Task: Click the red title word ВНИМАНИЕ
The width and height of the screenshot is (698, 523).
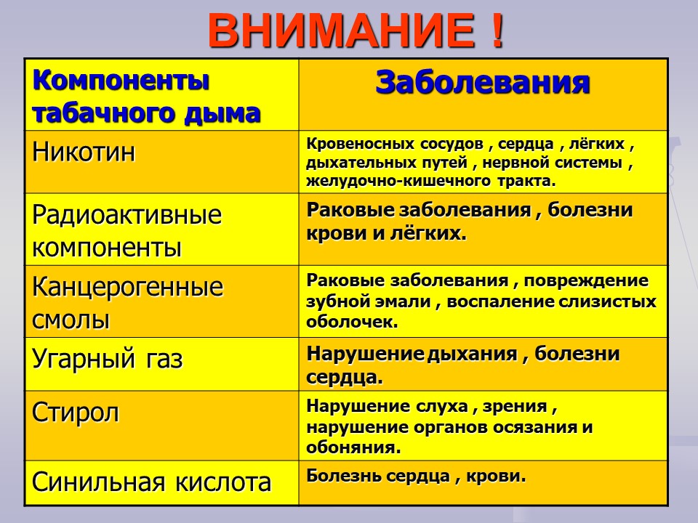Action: coord(342,31)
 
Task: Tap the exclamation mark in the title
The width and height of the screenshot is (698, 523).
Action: coord(498,31)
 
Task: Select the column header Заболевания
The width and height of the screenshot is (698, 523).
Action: coord(483,83)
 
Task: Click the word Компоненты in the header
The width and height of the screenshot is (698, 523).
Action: coord(121,81)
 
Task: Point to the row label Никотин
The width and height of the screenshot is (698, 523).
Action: coord(84,152)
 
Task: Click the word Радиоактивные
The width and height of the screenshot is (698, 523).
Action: coord(127,215)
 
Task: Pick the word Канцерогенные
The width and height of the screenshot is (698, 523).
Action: coord(128,287)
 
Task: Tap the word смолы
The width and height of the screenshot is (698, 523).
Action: coord(71,320)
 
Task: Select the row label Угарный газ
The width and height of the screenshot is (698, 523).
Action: coord(108,359)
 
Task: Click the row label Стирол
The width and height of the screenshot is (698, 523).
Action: coord(76,413)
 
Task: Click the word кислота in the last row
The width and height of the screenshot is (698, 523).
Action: coord(223,482)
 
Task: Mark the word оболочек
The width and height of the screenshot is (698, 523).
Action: coord(352,322)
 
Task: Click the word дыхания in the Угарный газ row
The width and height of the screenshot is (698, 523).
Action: coord(472,354)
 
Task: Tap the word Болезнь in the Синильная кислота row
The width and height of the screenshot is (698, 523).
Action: coord(345,477)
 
